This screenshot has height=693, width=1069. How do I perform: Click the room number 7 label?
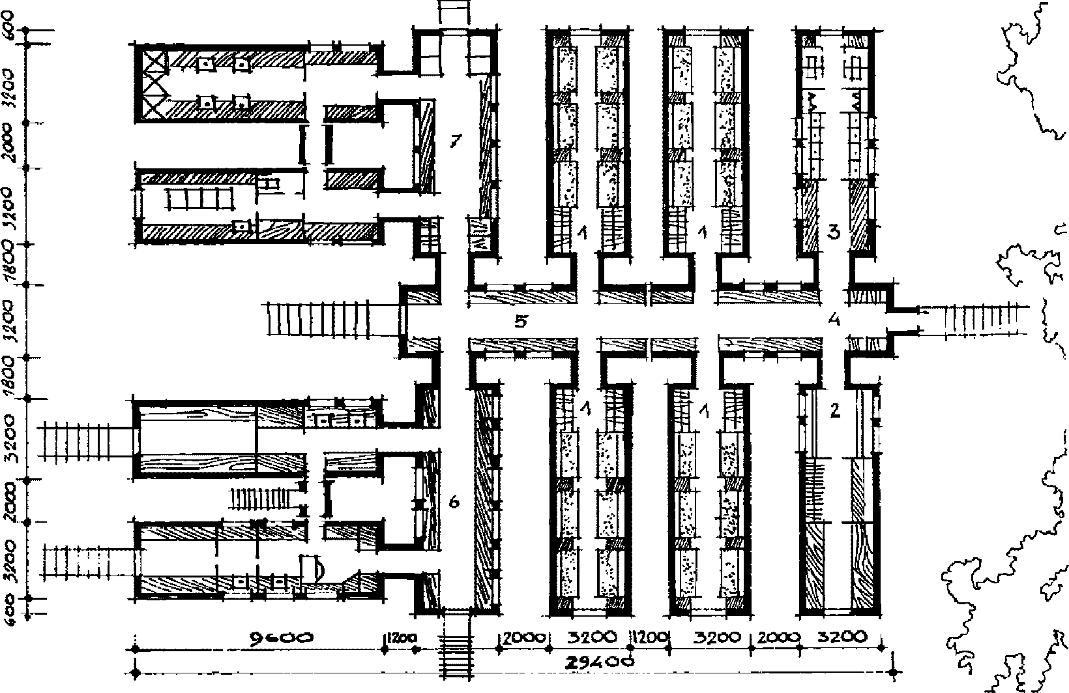pos(456,140)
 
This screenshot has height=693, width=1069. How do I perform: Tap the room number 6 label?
pos(455,502)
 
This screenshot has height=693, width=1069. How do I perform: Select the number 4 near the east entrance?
pos(834,320)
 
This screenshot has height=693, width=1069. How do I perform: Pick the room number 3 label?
pos(833,232)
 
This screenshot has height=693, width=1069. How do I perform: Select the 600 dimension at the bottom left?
pos(11,612)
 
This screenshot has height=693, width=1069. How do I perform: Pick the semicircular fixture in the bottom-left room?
pos(316,568)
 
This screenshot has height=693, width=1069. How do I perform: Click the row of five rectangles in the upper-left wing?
pos(199,198)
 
